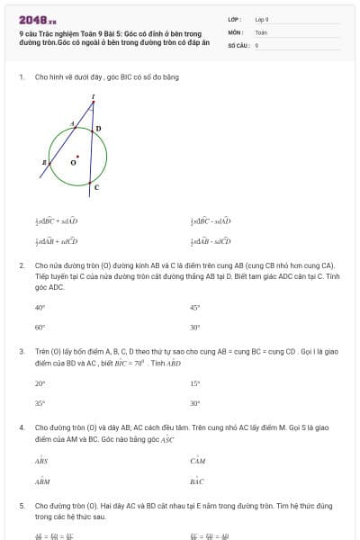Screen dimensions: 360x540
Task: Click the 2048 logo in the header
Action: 37,19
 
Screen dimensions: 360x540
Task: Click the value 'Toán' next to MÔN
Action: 261,31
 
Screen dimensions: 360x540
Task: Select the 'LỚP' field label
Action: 235,19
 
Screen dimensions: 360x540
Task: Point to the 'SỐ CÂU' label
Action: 238,44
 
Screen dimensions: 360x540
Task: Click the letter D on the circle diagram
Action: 98,129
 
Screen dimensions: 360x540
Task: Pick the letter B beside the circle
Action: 43,162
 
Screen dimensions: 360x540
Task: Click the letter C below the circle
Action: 96,187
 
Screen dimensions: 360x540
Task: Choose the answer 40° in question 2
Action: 40,307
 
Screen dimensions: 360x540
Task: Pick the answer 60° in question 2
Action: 40,328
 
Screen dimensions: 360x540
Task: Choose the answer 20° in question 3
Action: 40,383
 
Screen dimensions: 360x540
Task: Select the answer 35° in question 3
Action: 40,404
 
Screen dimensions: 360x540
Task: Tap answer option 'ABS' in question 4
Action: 41,460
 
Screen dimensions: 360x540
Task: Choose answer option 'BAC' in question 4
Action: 197,481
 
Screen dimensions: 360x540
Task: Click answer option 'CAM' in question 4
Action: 198,460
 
